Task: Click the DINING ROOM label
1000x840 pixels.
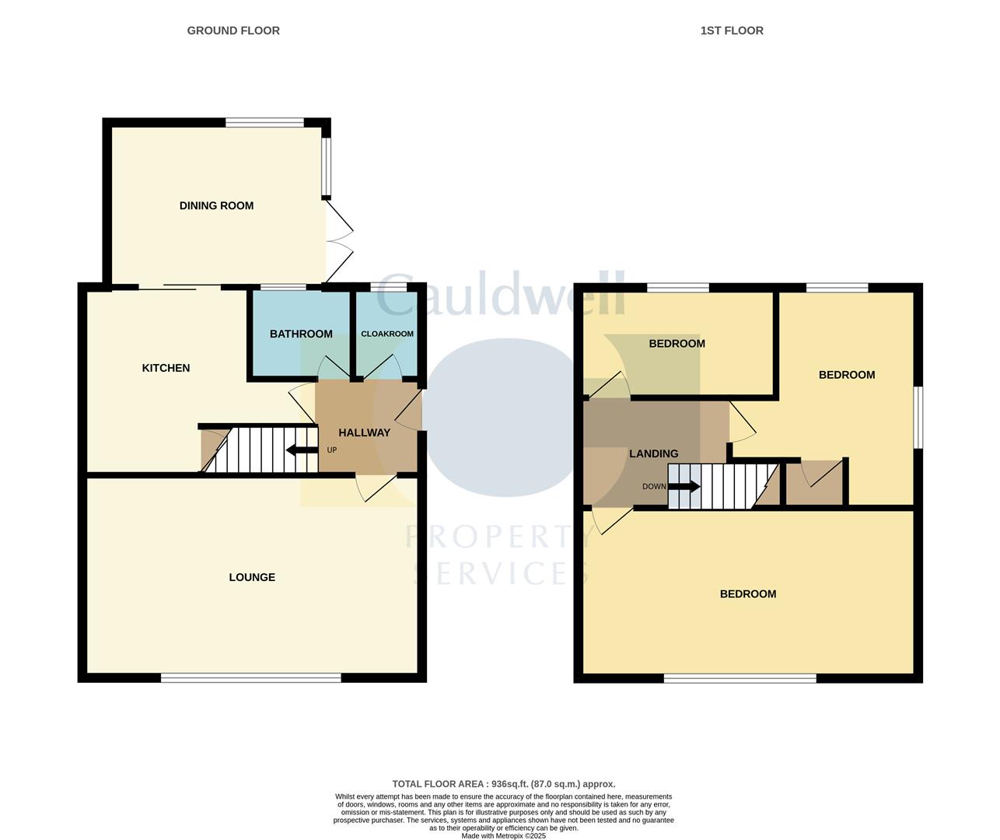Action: [216, 206]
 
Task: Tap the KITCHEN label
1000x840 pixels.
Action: [166, 368]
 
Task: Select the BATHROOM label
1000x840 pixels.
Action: [301, 334]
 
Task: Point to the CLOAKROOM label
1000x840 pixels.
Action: [387, 334]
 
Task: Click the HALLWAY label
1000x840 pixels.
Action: [364, 432]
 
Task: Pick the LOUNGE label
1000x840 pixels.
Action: [252, 577]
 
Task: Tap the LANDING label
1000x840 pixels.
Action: [653, 453]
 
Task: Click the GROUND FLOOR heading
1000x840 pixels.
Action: [233, 31]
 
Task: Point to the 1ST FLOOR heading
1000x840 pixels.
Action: [732, 31]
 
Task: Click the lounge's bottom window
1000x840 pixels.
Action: [250, 678]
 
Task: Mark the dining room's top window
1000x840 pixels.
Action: [264, 122]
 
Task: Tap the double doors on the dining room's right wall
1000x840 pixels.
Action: [339, 242]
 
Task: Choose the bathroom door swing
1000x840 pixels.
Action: [333, 368]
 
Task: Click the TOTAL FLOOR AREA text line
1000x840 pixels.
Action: [503, 784]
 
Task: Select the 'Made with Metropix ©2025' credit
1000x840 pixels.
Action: [503, 836]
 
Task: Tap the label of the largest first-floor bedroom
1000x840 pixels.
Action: [748, 594]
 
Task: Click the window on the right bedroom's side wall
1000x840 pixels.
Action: [918, 418]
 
